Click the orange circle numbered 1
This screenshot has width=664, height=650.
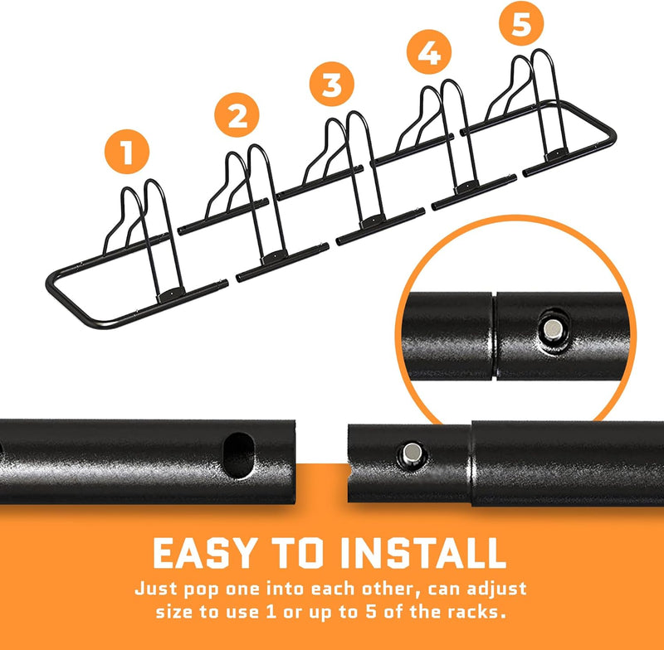[127, 152]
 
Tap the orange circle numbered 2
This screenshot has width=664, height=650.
[237, 114]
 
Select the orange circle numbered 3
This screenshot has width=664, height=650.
[331, 84]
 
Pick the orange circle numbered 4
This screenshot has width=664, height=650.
[429, 51]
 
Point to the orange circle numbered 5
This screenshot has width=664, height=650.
[521, 23]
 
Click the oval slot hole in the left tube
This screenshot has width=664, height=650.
[238, 455]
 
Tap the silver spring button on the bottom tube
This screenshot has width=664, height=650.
[411, 454]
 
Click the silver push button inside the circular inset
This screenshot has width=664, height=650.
[552, 329]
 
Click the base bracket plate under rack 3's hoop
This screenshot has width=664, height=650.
[373, 221]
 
